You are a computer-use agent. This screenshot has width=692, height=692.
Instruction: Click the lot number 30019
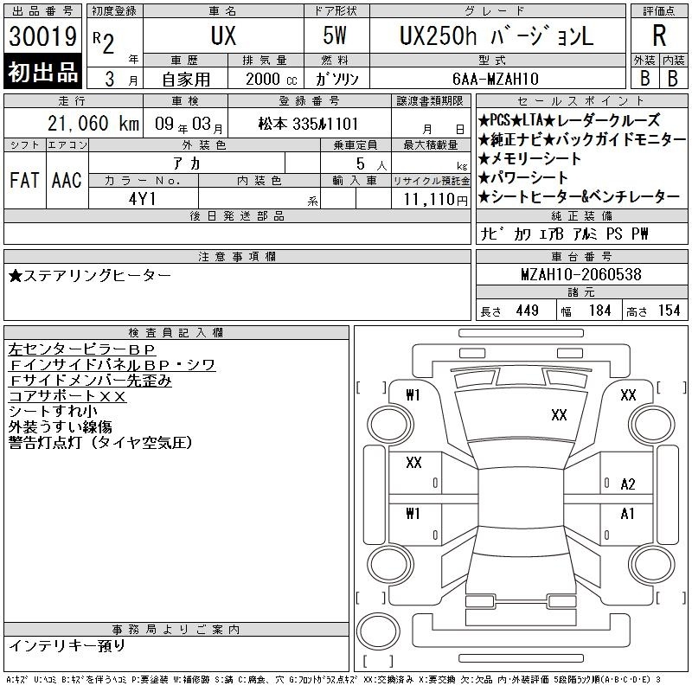(x=42, y=36)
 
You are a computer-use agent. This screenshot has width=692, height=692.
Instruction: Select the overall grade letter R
(x=659, y=35)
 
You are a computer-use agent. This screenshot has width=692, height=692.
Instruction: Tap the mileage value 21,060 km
(x=93, y=124)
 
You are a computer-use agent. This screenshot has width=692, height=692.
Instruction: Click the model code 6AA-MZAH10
(x=496, y=79)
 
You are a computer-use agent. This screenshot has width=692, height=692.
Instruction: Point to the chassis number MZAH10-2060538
(x=581, y=274)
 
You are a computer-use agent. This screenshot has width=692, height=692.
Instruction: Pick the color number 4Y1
(x=142, y=199)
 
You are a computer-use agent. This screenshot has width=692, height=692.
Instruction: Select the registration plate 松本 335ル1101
(x=308, y=124)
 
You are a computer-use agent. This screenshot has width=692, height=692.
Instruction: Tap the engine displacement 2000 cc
(x=272, y=80)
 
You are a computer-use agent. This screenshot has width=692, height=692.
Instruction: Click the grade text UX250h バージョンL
(x=497, y=36)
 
